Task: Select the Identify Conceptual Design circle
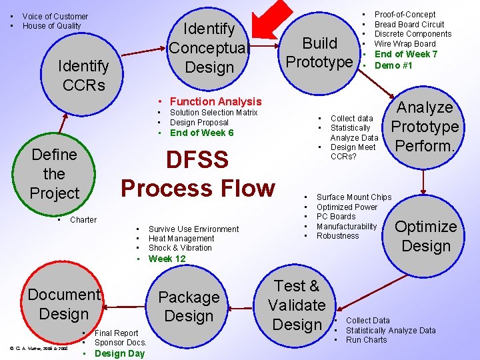[x=209, y=48]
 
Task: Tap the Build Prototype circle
[x=319, y=53]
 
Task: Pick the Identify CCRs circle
[x=83, y=75]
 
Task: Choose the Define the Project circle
[x=54, y=174]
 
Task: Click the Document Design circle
[x=63, y=304]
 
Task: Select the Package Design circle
[x=189, y=307]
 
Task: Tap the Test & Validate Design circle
[x=297, y=305]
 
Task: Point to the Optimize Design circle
[x=425, y=236]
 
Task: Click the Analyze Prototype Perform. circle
[x=425, y=126]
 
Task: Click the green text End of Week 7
[x=405, y=54]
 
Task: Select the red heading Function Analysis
[x=215, y=101]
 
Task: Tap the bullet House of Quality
[x=51, y=26]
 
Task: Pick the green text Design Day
[x=119, y=353]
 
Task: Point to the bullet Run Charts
[x=366, y=340]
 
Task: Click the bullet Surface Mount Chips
[x=353, y=197]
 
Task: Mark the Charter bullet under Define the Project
[x=83, y=220]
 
